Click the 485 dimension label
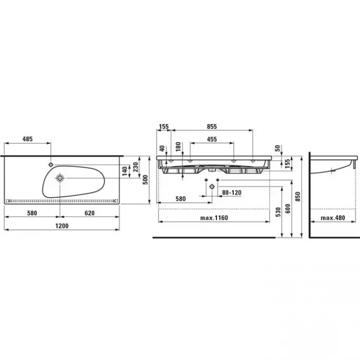click(x=28, y=139)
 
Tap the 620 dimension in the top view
click(x=89, y=213)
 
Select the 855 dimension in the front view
click(x=212, y=127)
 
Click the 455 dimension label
click(x=211, y=139)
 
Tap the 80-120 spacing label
click(x=231, y=193)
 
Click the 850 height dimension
click(x=299, y=196)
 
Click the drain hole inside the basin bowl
click(x=59, y=178)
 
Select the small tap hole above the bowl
click(x=51, y=160)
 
